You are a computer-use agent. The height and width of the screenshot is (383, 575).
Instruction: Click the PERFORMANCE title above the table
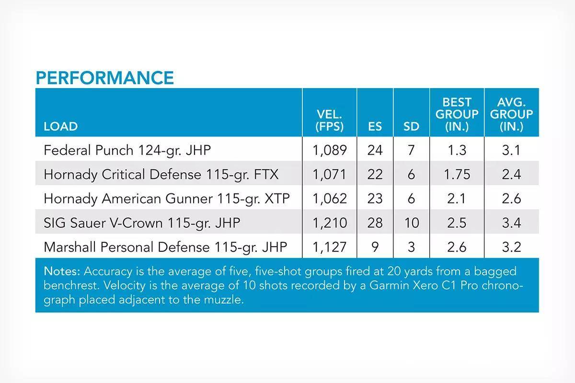(x=105, y=78)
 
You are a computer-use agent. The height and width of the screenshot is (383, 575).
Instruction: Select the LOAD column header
(x=60, y=126)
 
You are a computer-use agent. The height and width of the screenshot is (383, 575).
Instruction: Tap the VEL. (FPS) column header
(x=329, y=120)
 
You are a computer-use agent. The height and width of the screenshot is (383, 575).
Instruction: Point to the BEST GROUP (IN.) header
(x=457, y=114)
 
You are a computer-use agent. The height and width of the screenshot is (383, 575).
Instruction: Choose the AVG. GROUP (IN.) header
(x=511, y=114)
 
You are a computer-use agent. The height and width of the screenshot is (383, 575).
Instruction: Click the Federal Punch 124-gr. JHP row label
(x=127, y=150)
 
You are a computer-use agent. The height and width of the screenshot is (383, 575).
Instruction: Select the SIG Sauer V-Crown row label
(x=142, y=223)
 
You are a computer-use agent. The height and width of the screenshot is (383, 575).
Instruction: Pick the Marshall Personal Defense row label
(x=165, y=248)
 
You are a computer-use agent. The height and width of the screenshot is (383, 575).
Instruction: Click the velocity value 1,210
(x=330, y=223)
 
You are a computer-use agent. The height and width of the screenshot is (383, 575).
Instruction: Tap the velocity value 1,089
(x=330, y=150)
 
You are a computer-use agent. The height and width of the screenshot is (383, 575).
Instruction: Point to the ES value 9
(x=375, y=247)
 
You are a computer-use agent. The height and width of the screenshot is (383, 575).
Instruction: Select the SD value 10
(x=412, y=223)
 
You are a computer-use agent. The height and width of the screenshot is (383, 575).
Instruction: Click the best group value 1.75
(x=457, y=174)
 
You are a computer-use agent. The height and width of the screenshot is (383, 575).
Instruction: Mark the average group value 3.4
(x=511, y=223)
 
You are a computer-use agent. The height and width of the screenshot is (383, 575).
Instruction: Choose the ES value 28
(x=375, y=223)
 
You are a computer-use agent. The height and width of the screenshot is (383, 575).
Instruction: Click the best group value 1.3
(x=457, y=150)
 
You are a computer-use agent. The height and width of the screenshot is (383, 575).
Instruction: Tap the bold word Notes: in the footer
(x=62, y=271)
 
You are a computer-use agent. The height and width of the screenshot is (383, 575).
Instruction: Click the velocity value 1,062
(x=330, y=199)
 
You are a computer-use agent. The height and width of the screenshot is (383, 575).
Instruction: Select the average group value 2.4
(x=511, y=174)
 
